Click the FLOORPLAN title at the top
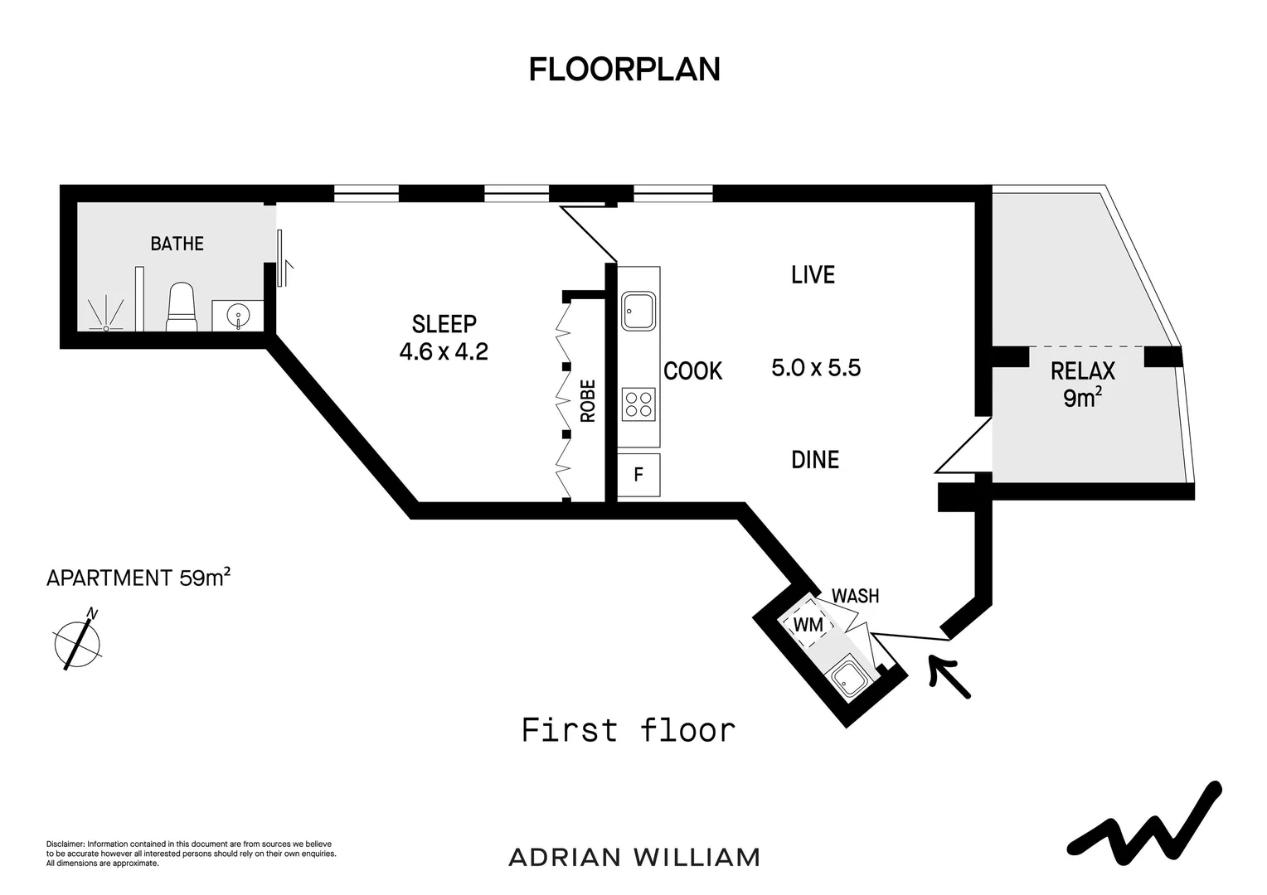tap(624, 70)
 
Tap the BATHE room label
tap(177, 244)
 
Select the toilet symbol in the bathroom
tap(181, 307)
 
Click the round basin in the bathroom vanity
tap(238, 315)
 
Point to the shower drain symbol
tap(106, 328)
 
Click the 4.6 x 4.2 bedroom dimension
tap(444, 352)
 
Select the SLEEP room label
tap(444, 323)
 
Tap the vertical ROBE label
tap(588, 401)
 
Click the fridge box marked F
tap(638, 475)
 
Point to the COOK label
tap(693, 371)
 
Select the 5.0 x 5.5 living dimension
tap(816, 368)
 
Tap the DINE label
tap(815, 459)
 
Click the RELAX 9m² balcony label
tap(1082, 385)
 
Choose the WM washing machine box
tap(808, 624)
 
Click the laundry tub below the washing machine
tap(848, 681)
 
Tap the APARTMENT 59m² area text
tap(138, 578)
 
